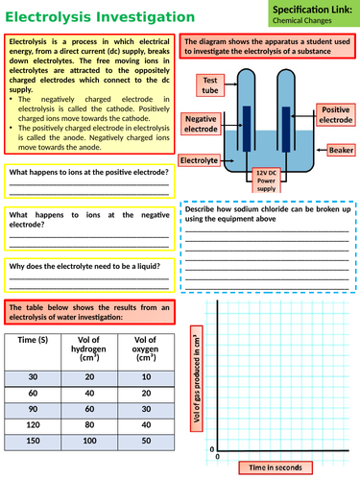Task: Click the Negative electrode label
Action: click(202, 122)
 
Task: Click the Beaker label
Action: click(341, 151)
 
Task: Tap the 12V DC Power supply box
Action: click(267, 179)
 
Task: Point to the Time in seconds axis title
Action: click(276, 467)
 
